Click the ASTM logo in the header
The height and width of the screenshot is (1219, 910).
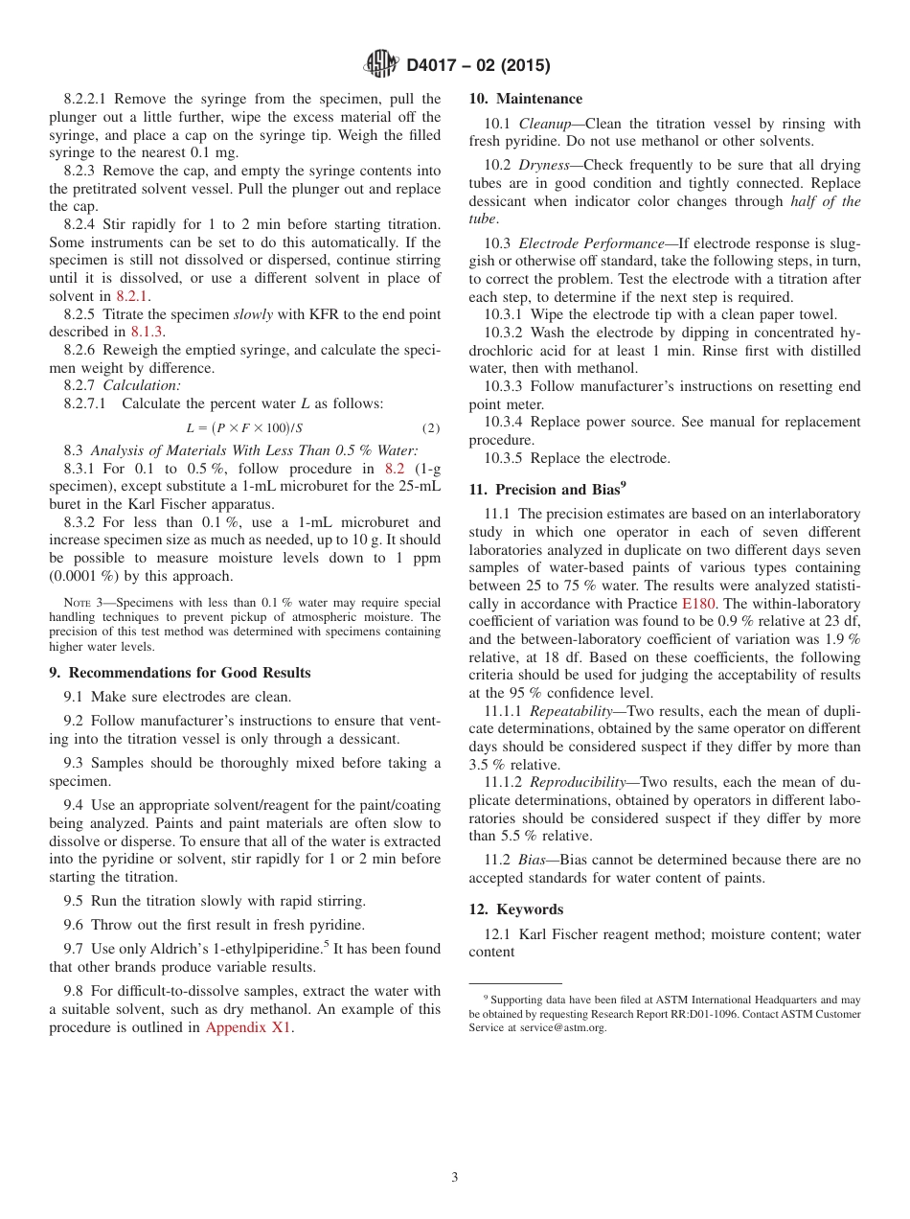(x=381, y=65)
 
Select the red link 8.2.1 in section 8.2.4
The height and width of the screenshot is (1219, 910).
(x=132, y=296)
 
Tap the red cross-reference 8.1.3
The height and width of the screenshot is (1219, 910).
(x=148, y=332)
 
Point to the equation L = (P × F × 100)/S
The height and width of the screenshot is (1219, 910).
(x=244, y=427)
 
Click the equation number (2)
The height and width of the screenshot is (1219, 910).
(x=430, y=427)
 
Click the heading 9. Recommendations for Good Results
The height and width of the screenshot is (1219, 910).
(x=180, y=673)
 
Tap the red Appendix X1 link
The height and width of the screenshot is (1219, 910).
(x=249, y=1027)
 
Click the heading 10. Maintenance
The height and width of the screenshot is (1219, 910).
(x=525, y=99)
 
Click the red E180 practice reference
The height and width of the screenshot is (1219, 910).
(x=696, y=604)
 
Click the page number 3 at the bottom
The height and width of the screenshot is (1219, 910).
(x=455, y=1178)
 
